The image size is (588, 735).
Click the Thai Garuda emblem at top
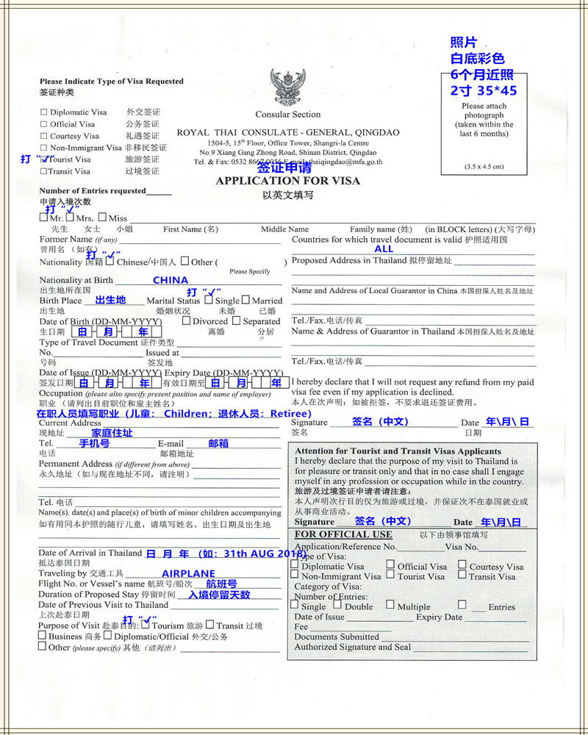click(x=287, y=87)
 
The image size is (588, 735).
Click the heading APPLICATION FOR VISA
click(x=287, y=181)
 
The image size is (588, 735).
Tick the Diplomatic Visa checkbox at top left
click(x=43, y=112)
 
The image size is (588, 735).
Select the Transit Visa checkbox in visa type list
click(x=43, y=171)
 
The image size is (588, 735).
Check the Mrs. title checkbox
click(x=70, y=218)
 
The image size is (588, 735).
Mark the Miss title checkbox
click(x=102, y=218)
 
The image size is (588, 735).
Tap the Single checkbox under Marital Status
click(x=209, y=300)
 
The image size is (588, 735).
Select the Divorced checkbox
click(x=186, y=320)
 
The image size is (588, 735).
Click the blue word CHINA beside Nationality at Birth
click(x=171, y=280)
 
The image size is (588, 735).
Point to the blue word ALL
click(x=384, y=249)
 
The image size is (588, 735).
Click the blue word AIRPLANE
click(x=188, y=573)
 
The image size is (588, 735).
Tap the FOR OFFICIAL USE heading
click(x=343, y=534)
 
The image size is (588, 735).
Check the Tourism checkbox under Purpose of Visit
click(x=145, y=625)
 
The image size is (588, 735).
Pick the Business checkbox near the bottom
click(x=43, y=636)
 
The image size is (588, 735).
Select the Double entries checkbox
click(x=337, y=605)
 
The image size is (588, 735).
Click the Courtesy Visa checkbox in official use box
click(x=462, y=565)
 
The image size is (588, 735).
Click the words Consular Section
click(x=287, y=115)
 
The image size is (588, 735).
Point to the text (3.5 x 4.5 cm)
click(x=484, y=167)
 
